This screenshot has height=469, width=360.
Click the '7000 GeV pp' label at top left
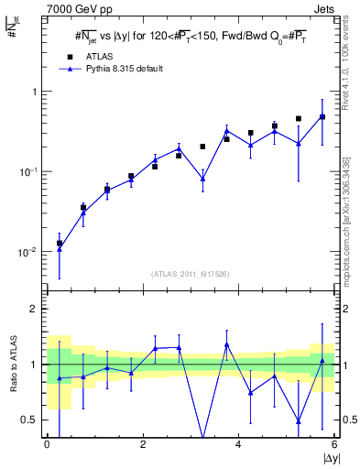coord(47,9)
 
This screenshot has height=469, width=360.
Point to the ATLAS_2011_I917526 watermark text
coord(191,274)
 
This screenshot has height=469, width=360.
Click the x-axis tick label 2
coord(143,445)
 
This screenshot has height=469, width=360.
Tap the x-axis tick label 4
coord(238,445)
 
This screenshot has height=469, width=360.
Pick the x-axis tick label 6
coord(333,445)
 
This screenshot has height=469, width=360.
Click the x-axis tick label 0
coord(47,445)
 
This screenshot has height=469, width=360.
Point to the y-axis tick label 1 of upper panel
coord(35,92)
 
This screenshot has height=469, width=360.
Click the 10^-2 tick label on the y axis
coord(29,252)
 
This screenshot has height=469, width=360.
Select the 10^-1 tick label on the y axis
coord(29,171)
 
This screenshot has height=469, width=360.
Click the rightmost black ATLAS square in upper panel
coord(322,117)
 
